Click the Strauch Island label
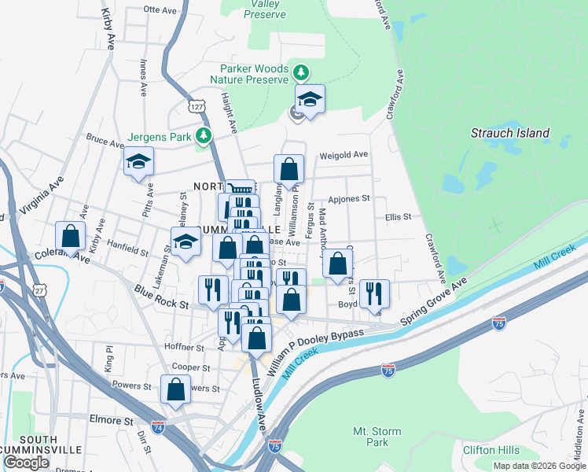click(x=509, y=133)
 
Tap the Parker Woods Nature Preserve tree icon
click(x=300, y=73)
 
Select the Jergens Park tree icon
click(x=204, y=136)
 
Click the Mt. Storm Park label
click(x=377, y=437)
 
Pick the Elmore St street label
click(x=112, y=421)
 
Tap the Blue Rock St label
click(x=162, y=296)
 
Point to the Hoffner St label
click(x=184, y=347)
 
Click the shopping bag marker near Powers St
click(x=175, y=389)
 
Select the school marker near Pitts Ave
click(x=139, y=162)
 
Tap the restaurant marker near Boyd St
click(x=373, y=293)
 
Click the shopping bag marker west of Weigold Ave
click(x=288, y=168)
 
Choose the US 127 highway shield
click(x=197, y=105)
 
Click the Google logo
click(x=26, y=463)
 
